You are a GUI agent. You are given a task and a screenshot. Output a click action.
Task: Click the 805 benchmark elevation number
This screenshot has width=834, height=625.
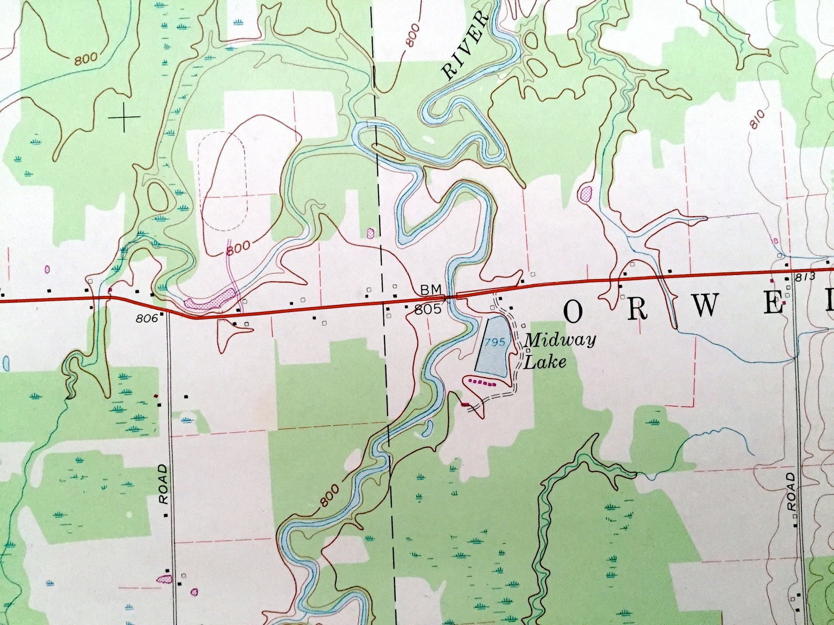428,310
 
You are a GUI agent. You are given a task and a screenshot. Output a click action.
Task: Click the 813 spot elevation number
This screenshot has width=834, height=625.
805,277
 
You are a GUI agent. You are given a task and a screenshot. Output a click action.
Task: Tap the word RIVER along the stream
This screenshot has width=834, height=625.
465,46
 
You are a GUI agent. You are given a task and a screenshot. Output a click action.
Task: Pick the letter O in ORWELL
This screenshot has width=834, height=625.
573,312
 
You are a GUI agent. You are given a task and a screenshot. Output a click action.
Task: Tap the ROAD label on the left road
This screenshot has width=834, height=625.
164,484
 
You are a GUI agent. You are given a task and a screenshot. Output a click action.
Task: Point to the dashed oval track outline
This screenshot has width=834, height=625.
222,181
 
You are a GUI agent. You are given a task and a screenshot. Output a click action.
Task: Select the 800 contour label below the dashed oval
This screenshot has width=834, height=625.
239,247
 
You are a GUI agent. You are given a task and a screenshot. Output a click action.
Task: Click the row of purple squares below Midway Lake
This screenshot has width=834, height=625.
482,383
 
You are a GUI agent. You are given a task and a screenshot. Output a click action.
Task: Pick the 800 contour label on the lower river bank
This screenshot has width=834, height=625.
329,495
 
